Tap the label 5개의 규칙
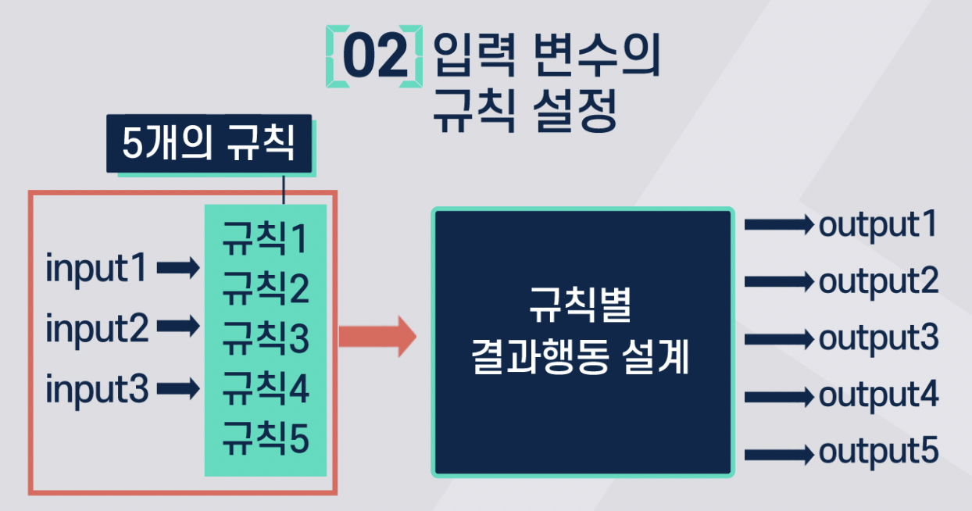pos(209,145)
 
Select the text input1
pos(96,269)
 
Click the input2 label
pos(96,328)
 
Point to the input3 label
pos(96,388)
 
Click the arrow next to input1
pos(178,269)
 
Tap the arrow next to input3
pos(178,388)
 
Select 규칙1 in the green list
pos(265,239)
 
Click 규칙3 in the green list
pos(265,339)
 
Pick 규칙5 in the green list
pos(265,439)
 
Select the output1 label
pos(877,226)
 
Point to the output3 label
pos(878,340)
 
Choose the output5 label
pos(878,453)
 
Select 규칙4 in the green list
pos(265,389)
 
